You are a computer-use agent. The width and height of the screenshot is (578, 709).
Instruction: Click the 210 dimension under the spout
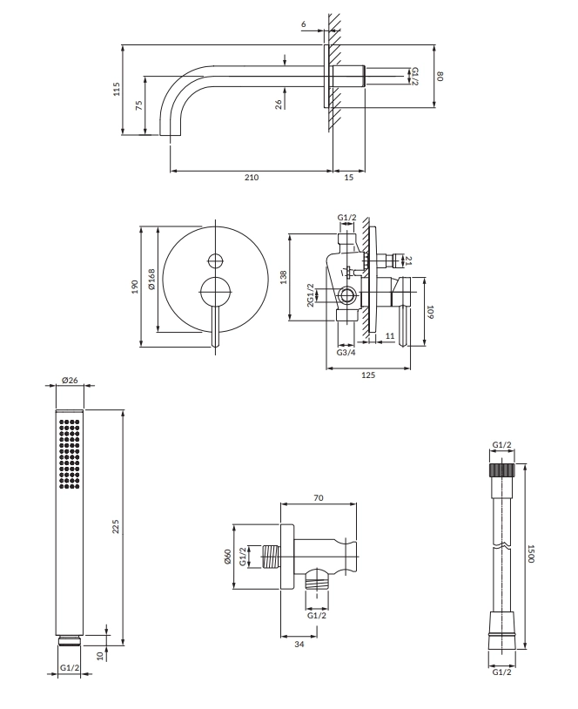(x=251, y=178)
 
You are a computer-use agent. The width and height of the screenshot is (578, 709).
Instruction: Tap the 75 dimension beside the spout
(x=138, y=105)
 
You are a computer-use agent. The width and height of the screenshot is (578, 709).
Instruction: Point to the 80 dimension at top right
(x=440, y=77)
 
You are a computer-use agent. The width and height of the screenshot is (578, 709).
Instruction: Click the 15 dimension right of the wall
(x=348, y=178)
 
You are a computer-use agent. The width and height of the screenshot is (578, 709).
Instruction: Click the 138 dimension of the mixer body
(x=283, y=277)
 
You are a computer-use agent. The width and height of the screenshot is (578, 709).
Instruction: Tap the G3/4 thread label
(x=345, y=353)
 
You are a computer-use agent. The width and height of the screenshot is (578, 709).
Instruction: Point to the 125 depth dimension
(x=367, y=375)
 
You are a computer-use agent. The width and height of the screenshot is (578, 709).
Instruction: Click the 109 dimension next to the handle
(x=429, y=311)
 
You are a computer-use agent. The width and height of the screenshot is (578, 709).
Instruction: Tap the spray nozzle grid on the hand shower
(x=70, y=451)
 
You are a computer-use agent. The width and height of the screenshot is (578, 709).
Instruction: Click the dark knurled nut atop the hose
(x=502, y=470)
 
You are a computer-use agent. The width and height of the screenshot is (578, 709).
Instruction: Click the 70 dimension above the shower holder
(x=319, y=497)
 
